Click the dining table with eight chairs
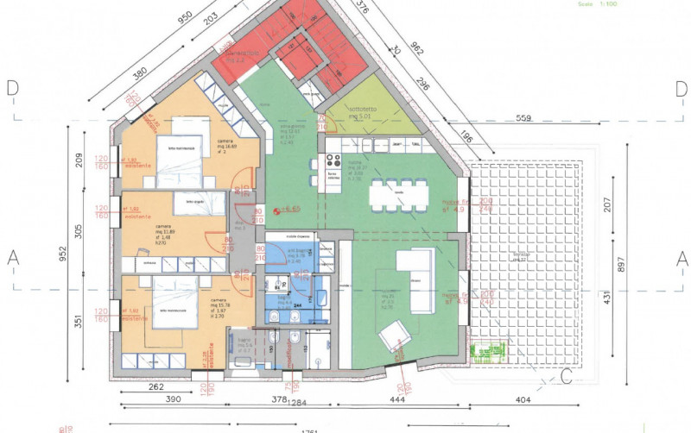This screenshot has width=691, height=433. (x=398, y=194)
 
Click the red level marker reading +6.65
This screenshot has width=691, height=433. (x=287, y=210)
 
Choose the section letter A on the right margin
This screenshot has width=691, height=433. (x=681, y=257)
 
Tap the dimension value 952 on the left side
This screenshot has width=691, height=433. (x=62, y=254)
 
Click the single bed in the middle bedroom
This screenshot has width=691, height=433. (x=187, y=203)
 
